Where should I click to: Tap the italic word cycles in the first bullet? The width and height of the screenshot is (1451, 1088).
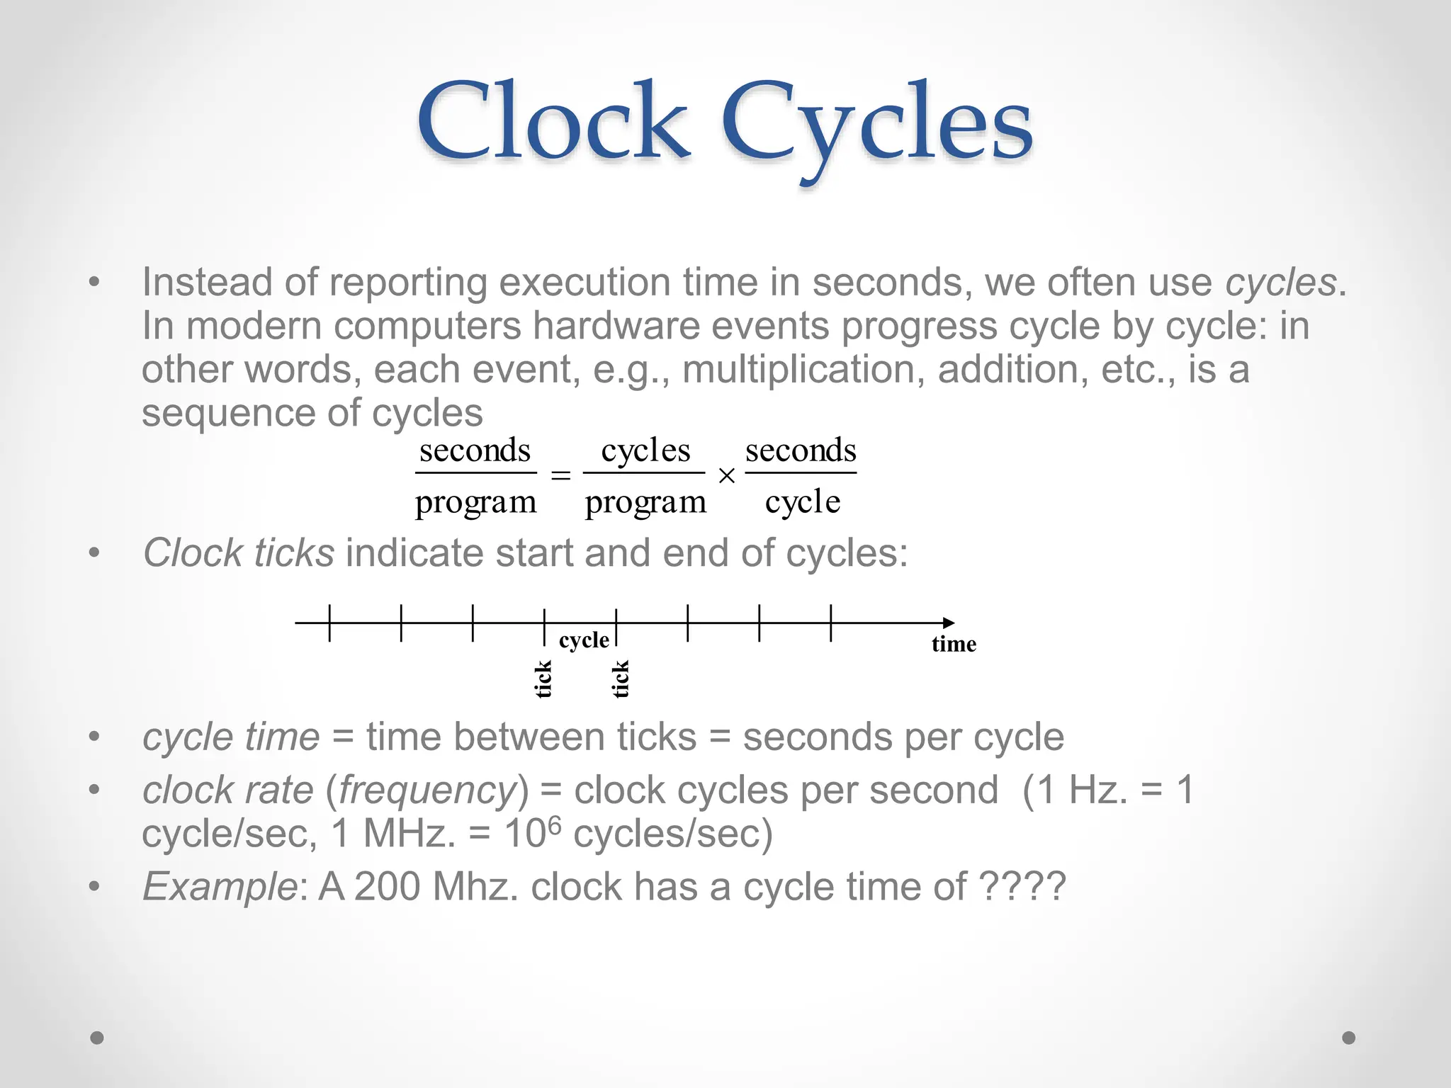(1280, 283)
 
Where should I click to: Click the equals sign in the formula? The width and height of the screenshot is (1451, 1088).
(560, 476)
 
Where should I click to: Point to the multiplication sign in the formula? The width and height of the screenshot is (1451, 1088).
(726, 477)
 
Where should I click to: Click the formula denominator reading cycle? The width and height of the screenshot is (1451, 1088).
(802, 502)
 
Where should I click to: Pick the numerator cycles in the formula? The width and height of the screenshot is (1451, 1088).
(645, 450)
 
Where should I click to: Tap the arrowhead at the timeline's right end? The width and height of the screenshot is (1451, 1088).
(948, 623)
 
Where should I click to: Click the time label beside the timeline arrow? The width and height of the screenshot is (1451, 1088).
(954, 644)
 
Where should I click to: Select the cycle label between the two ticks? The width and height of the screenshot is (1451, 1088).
(583, 640)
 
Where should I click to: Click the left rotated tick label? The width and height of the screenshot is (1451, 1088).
(543, 679)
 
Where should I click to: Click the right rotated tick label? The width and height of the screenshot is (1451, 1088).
(621, 679)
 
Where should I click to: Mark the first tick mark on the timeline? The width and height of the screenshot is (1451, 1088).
(329, 623)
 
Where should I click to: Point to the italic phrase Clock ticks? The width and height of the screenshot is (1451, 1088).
(239, 552)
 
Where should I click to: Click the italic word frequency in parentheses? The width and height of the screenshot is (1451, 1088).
(428, 790)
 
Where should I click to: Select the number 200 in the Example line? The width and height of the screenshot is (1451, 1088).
(388, 886)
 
